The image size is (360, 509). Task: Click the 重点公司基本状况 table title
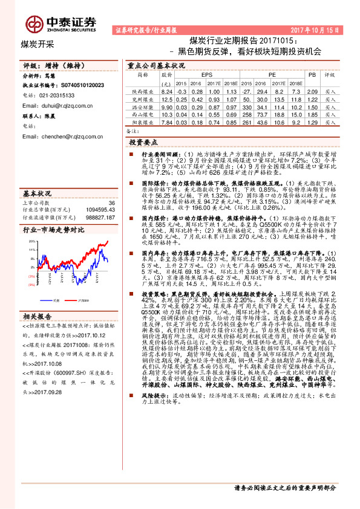(156, 65)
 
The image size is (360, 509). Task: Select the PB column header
(312, 74)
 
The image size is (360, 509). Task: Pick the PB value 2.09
(312, 91)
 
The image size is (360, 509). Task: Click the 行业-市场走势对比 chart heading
(53, 230)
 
